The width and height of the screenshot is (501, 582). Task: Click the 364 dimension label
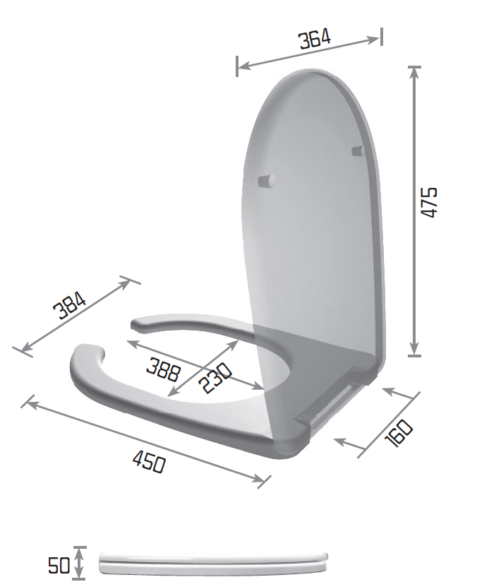[x=314, y=40]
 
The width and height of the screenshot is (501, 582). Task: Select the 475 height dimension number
[x=429, y=202]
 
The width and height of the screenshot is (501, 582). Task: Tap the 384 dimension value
[x=71, y=305]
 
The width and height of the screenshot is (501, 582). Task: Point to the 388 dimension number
[x=163, y=369]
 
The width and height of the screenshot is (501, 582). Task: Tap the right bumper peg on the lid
[x=356, y=150]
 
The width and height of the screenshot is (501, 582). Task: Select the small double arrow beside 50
[x=80, y=563]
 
